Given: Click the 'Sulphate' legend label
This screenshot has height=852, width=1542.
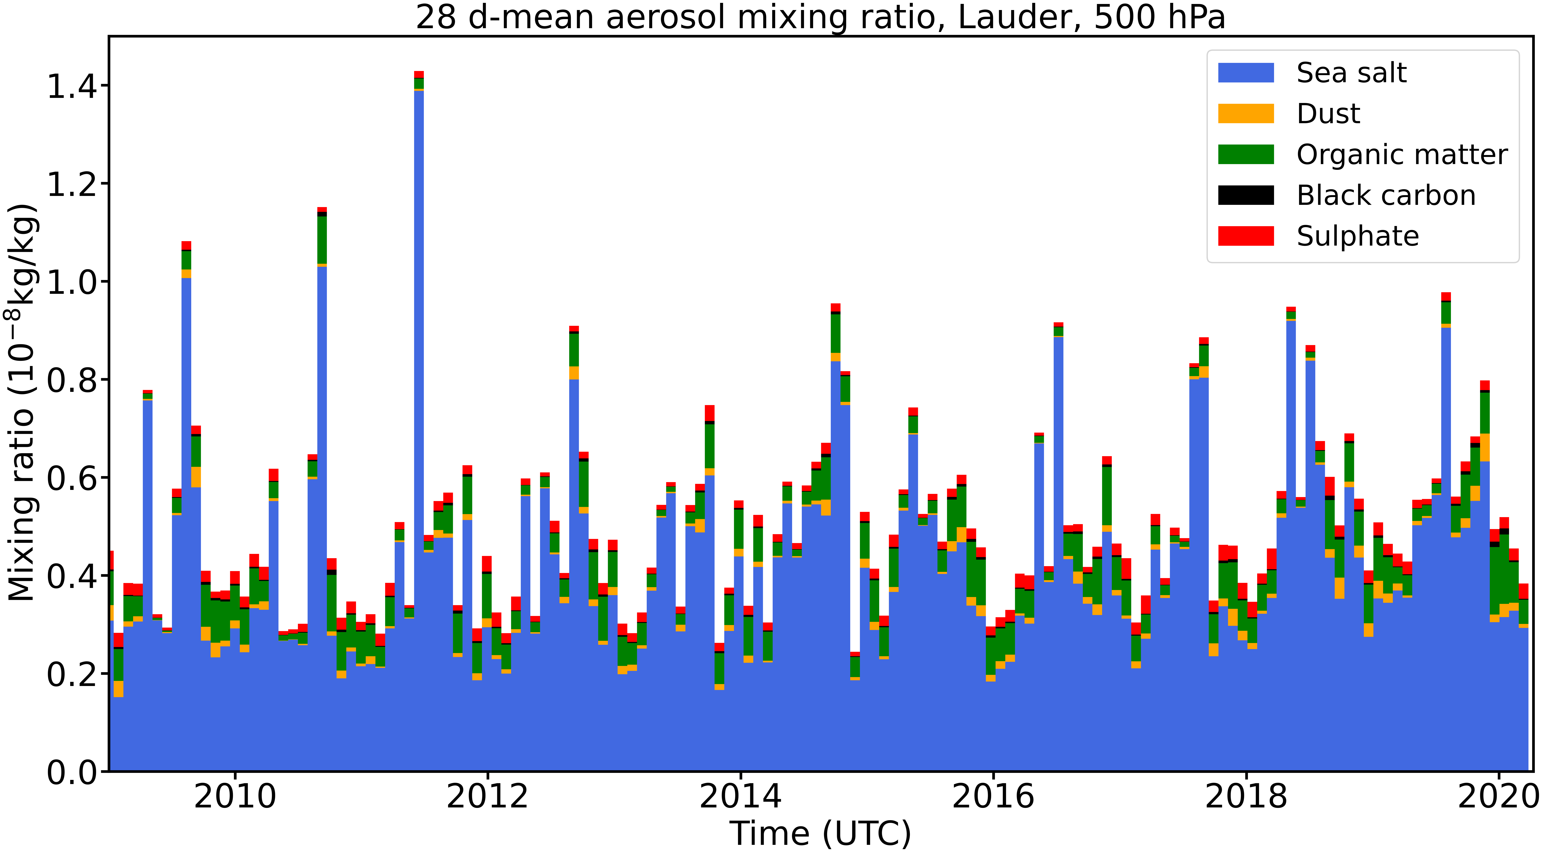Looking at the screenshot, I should click(1358, 236).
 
